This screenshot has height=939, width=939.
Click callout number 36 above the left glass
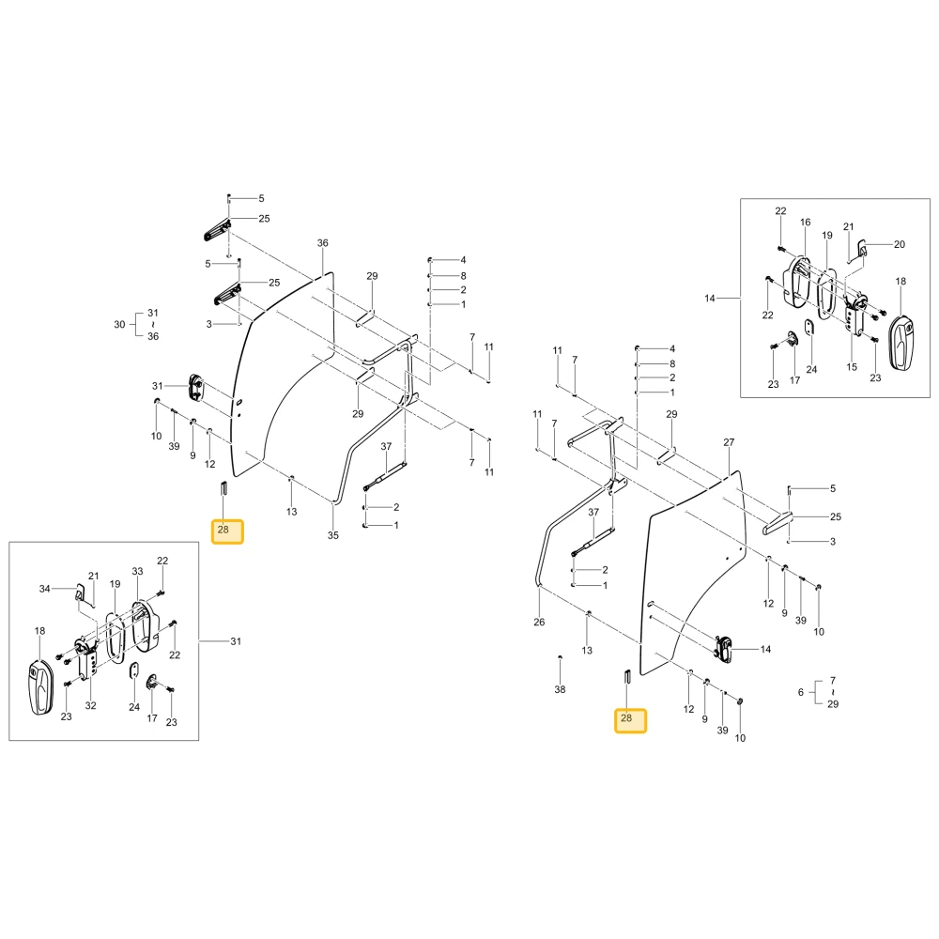point(323,243)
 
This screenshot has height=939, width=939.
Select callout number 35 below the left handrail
point(333,535)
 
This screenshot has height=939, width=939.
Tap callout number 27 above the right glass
point(729,442)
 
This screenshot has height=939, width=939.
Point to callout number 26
point(539,623)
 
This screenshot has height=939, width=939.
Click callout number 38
point(560,689)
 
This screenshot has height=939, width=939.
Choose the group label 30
point(120,325)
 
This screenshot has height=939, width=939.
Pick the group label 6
point(801,692)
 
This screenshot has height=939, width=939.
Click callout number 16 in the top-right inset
point(806,223)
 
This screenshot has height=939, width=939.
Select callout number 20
point(900,244)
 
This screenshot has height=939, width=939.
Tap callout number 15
point(853,367)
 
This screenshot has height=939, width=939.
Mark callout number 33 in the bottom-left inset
point(138,571)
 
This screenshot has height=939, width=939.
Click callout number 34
point(45,589)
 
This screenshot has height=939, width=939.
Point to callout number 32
point(90,705)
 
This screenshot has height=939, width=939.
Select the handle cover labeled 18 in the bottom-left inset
point(40,687)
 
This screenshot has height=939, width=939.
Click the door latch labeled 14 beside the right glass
point(725,649)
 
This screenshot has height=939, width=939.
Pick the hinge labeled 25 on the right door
point(777,521)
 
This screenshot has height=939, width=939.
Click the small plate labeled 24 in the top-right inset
point(809,328)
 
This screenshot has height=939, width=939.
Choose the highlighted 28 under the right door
point(631,720)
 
